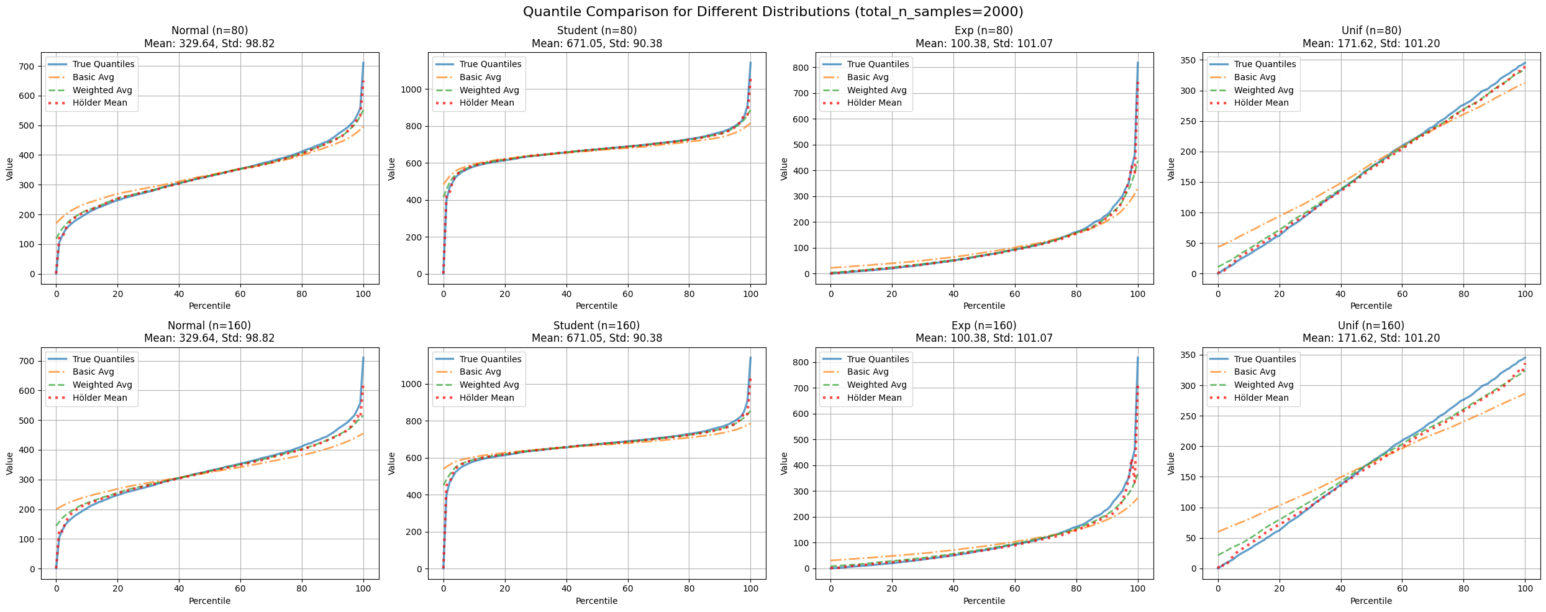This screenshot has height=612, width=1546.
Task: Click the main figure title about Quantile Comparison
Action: click(773, 12)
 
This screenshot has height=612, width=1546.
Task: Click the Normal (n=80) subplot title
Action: click(209, 30)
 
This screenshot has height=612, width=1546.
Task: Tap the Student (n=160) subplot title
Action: click(596, 326)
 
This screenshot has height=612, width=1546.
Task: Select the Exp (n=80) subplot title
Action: click(984, 30)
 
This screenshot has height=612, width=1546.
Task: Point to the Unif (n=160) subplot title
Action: click(1371, 326)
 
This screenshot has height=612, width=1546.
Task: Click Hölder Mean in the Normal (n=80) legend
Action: click(99, 103)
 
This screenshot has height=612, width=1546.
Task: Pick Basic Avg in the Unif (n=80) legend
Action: click(1255, 78)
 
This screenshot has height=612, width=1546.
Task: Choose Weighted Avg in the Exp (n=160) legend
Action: click(876, 385)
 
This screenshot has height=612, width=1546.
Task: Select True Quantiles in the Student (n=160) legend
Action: click(491, 359)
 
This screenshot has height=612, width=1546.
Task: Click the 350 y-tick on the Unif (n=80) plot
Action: click(1191, 60)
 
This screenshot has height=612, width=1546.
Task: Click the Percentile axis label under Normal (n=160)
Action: click(209, 601)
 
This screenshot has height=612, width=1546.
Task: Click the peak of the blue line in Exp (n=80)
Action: click(1138, 63)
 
